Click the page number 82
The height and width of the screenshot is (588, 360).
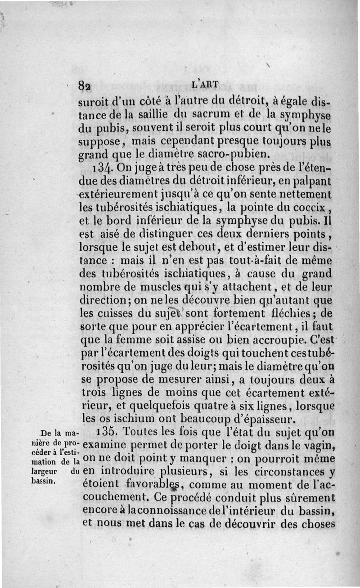(84, 86)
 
